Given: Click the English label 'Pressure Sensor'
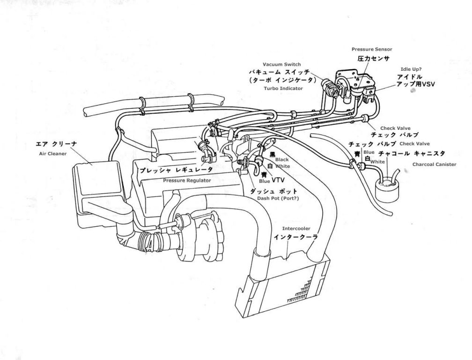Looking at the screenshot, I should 372,49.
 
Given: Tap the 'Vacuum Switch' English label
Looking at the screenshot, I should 281,64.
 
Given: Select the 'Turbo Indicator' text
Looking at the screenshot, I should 280,88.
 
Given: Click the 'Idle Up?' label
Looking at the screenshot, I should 410,68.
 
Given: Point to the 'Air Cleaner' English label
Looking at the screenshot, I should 53,153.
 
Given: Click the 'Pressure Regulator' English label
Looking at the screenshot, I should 180,180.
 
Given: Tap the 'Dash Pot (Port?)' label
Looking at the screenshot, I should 278,198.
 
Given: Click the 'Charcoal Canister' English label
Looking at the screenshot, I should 434,165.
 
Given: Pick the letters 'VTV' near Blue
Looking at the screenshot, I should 278,179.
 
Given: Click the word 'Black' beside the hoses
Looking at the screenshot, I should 282,159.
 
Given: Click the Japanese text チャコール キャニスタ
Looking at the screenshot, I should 412,154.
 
